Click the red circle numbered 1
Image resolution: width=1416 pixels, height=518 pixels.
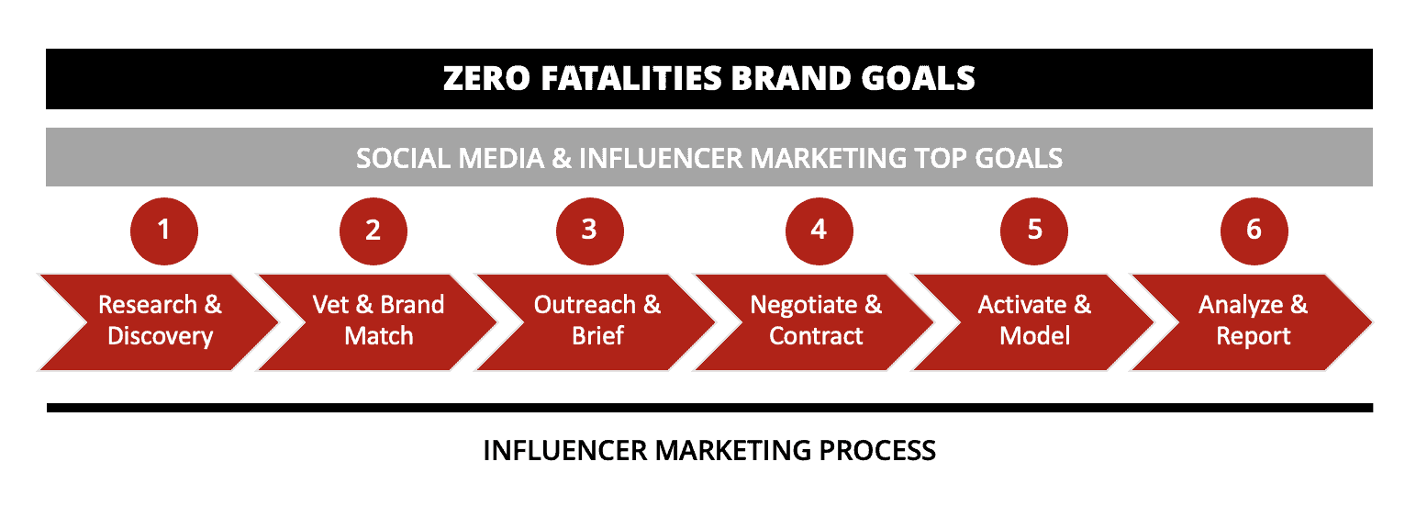[x=163, y=231]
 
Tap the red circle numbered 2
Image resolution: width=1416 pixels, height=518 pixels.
[x=373, y=231]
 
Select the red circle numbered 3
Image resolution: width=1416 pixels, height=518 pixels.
[x=590, y=231]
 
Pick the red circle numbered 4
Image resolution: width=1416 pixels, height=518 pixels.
[x=819, y=231]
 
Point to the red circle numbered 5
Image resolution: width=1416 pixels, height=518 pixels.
[x=1034, y=231]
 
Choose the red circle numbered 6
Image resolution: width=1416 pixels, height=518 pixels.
[x=1254, y=231]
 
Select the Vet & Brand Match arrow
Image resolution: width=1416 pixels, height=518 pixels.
[x=378, y=322]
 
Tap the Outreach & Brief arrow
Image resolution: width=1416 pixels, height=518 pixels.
[x=597, y=322]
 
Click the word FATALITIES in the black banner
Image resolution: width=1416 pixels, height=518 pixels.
[x=630, y=78]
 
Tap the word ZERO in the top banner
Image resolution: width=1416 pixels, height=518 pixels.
[x=486, y=78]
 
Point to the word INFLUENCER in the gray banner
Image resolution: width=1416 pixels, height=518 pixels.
[x=660, y=158]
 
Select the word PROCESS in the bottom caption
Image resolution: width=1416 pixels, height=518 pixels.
[x=877, y=451]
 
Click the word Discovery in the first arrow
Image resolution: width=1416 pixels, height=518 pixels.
[x=160, y=336]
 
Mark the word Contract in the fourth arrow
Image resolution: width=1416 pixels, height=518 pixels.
[x=816, y=336]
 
